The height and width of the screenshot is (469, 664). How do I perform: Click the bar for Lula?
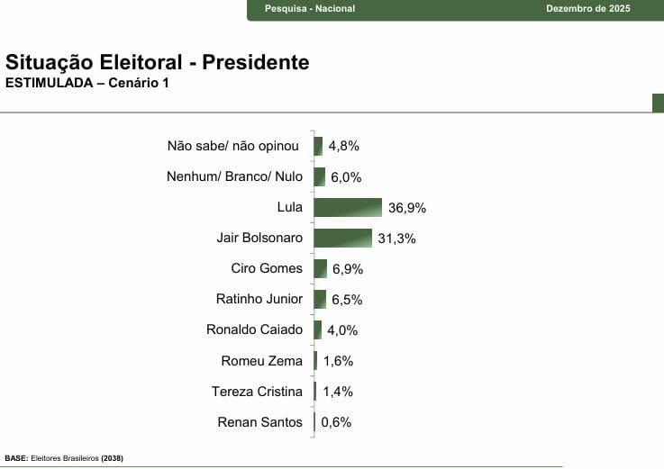click(x=348, y=208)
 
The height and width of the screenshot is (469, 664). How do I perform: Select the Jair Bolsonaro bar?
click(x=342, y=239)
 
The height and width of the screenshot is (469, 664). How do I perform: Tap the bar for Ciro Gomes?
click(x=320, y=269)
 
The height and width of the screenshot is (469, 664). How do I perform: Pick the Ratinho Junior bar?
click(x=320, y=300)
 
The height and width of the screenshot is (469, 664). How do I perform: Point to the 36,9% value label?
click(x=407, y=208)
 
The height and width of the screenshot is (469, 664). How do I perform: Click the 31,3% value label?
click(x=397, y=239)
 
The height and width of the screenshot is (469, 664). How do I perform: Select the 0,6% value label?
click(x=336, y=422)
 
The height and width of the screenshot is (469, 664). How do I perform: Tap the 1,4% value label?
click(x=337, y=392)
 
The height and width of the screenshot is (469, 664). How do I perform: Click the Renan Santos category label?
click(x=260, y=422)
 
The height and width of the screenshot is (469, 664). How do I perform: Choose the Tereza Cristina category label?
click(x=257, y=392)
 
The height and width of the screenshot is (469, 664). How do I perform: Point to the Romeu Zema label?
click(x=261, y=361)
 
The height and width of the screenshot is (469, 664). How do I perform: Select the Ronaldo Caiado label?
click(x=254, y=330)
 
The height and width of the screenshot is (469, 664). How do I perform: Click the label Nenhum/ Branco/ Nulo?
click(x=234, y=177)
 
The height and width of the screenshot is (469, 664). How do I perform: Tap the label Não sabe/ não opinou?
click(x=232, y=146)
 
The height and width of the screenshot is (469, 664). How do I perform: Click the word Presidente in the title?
click(x=256, y=63)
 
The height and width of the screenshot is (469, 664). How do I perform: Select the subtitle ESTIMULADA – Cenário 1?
click(x=86, y=84)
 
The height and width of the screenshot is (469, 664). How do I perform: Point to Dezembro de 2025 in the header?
click(x=588, y=9)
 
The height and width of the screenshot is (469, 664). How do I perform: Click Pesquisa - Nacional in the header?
click(x=310, y=9)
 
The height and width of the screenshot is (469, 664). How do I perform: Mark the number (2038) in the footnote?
click(x=112, y=458)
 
